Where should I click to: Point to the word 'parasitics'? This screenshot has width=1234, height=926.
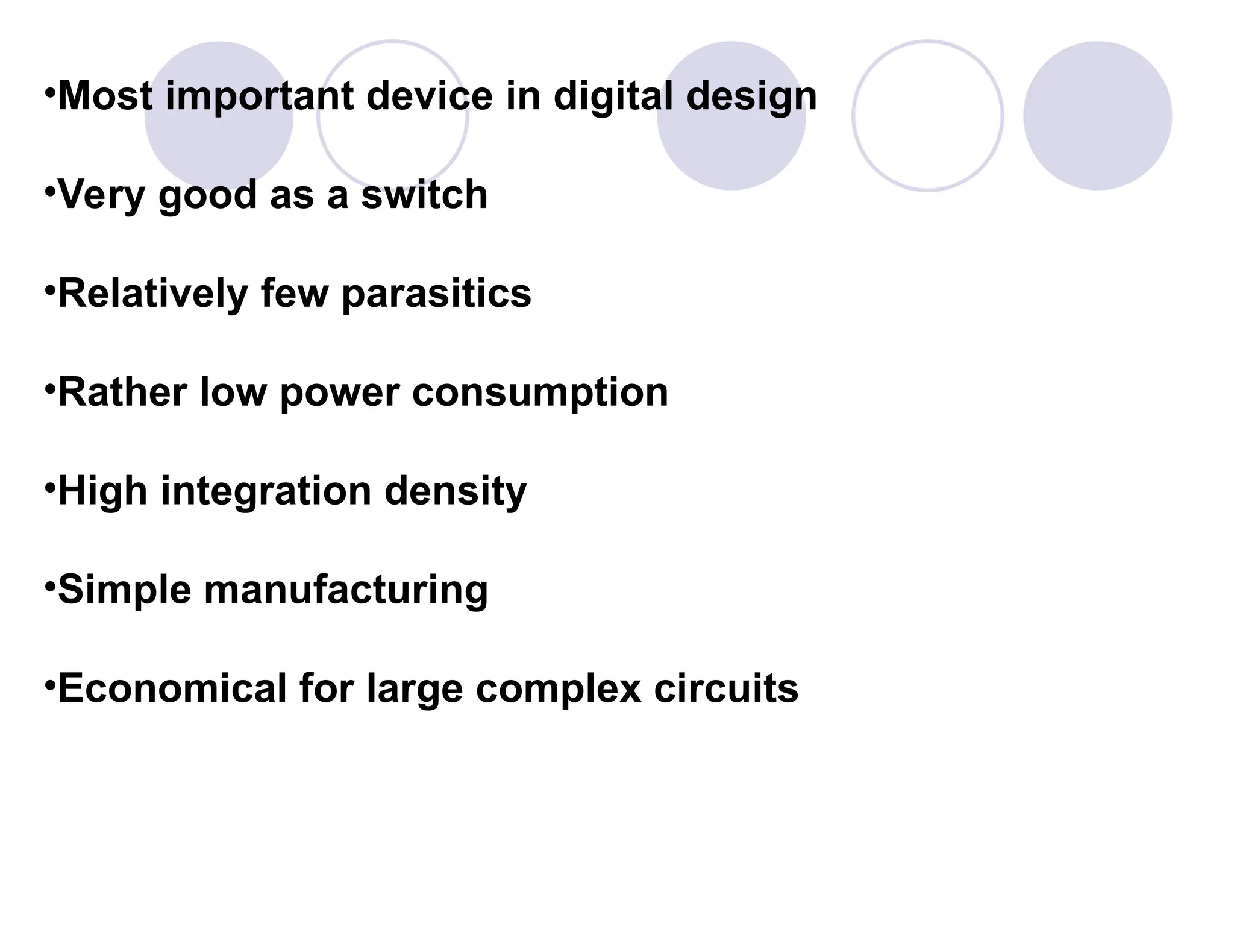coord(436,294)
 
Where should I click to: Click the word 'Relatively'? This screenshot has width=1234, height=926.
coord(153,294)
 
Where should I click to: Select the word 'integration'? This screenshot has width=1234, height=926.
coord(266,491)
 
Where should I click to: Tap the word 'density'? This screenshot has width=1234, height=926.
coord(456,491)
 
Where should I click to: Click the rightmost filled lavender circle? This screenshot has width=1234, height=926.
coord(1097,116)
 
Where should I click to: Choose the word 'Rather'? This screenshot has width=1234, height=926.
coord(123,392)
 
